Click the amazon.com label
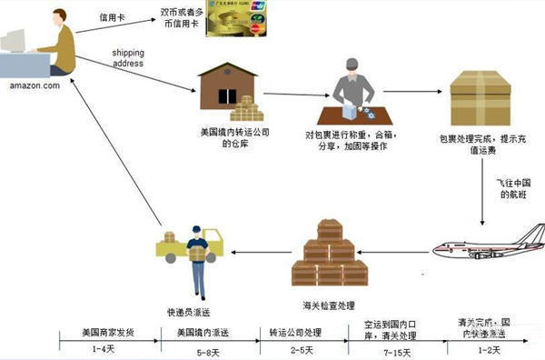pos(35,86)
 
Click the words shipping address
pos(127,57)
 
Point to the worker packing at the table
pos(352,94)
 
